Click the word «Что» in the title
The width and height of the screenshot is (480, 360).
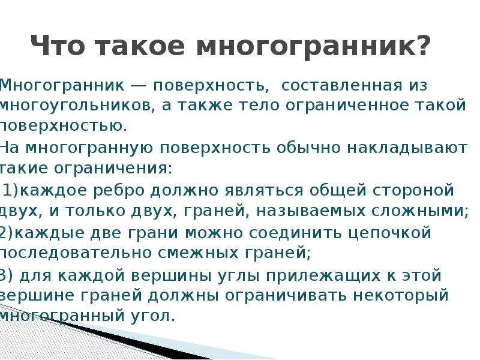(60, 46)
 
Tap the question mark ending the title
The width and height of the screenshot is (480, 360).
(423, 46)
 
